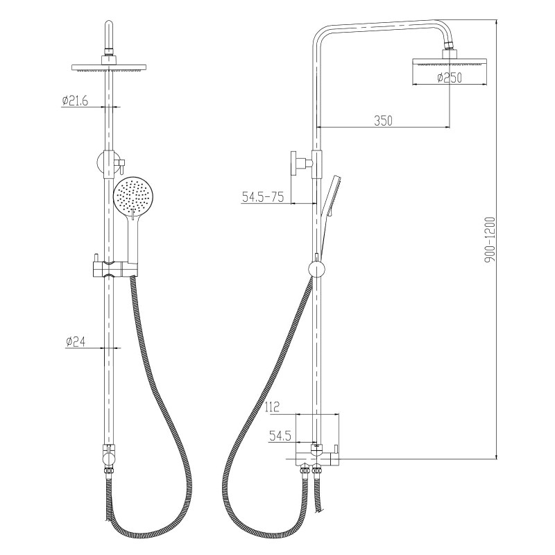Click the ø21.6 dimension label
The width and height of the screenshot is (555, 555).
click(x=75, y=101)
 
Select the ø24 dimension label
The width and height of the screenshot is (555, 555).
click(x=76, y=341)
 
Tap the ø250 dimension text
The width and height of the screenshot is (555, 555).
click(x=450, y=78)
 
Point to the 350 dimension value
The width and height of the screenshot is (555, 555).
click(x=384, y=121)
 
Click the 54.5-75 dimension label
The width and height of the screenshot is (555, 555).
click(x=263, y=196)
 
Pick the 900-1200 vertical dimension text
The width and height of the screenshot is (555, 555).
click(x=490, y=240)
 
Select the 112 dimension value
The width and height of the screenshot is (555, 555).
click(x=272, y=407)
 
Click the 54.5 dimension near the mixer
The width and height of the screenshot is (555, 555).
click(x=280, y=436)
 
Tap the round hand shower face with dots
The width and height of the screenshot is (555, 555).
click(x=133, y=198)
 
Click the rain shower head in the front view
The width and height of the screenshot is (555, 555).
click(x=109, y=67)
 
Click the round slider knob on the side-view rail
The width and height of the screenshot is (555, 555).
click(x=316, y=270)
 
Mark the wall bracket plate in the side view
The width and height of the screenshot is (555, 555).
click(x=293, y=164)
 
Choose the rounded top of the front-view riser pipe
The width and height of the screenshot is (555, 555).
click(x=109, y=27)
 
